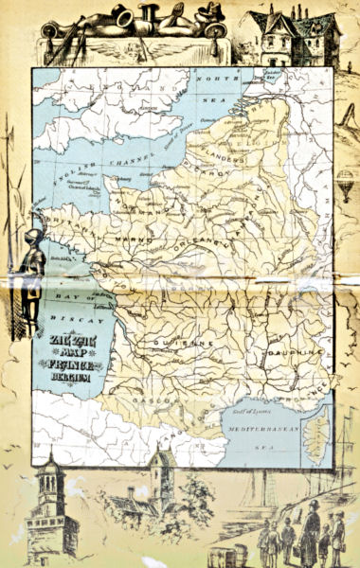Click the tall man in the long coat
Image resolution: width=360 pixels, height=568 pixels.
310,533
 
